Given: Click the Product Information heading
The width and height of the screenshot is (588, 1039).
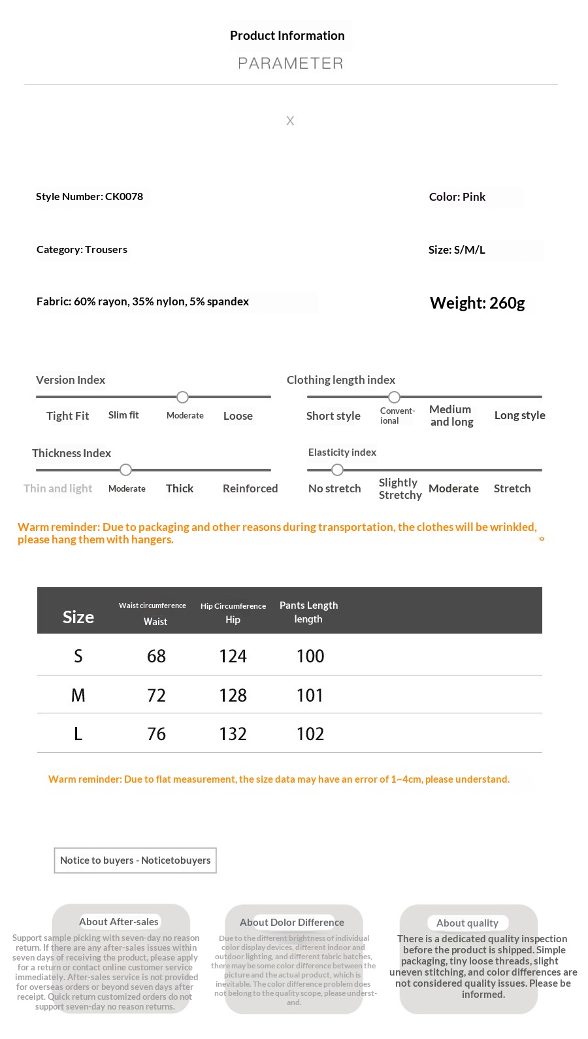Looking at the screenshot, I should coord(287,36).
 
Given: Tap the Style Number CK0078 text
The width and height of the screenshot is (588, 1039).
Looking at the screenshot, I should coord(90,197).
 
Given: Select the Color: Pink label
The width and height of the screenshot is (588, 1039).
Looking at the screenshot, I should coord(457,197).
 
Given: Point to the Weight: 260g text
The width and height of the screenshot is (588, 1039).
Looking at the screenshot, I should coord(477,303).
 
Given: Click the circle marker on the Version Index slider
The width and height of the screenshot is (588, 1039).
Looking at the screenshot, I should coord(183,398).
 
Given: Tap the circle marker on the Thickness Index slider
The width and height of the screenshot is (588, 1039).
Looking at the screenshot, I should coord(126,470).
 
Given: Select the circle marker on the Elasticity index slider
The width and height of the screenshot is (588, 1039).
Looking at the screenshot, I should coord(337,470).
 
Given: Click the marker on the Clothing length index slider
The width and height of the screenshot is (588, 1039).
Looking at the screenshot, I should coord(394,398).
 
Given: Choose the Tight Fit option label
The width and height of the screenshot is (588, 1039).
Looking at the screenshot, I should coord(67,416).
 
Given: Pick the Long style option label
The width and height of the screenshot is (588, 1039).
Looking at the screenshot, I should coord(519,415).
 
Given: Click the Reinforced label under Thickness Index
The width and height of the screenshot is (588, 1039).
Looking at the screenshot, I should coord(250,488).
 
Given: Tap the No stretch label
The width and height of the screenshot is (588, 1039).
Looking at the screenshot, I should coord(335,488).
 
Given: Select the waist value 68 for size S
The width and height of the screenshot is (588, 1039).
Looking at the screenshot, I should coord(156,656).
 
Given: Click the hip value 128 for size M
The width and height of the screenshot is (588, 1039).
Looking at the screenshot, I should coord(233,696).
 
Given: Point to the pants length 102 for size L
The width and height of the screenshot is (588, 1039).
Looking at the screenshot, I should coord(310,734).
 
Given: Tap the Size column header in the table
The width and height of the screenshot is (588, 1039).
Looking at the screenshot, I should coord(78,617).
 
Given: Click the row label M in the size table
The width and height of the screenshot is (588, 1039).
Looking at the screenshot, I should coord(78,696).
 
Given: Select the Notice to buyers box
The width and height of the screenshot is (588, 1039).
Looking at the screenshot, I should coord(135,860).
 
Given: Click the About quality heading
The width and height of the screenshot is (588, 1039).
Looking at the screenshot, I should coord(467,923).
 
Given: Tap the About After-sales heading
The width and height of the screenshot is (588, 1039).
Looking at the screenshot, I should coord(119,922).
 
